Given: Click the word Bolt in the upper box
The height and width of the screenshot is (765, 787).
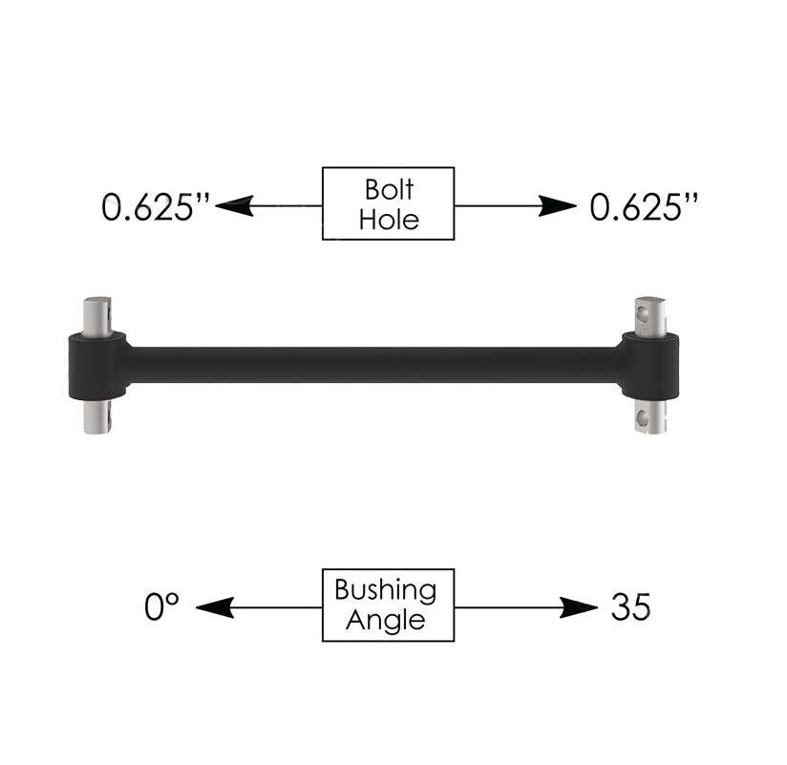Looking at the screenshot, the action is click(389, 190).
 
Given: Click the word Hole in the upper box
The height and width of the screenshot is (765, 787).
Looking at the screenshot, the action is click(389, 220).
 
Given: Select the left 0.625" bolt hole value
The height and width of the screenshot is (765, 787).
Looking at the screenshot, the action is click(155, 206).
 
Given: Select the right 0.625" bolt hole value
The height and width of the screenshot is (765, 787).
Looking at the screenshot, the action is click(644, 206).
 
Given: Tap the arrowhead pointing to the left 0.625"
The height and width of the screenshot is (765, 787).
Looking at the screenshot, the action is click(234, 205).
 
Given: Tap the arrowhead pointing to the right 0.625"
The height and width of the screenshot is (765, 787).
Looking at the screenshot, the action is click(558, 205).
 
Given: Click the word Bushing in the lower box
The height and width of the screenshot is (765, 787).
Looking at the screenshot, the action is click(386, 590).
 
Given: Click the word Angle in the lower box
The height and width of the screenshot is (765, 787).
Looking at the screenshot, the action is click(386, 621).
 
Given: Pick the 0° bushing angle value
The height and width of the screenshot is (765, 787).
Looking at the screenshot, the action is click(161, 606).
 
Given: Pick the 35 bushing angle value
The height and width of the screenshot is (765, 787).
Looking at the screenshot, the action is click(631, 606).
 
